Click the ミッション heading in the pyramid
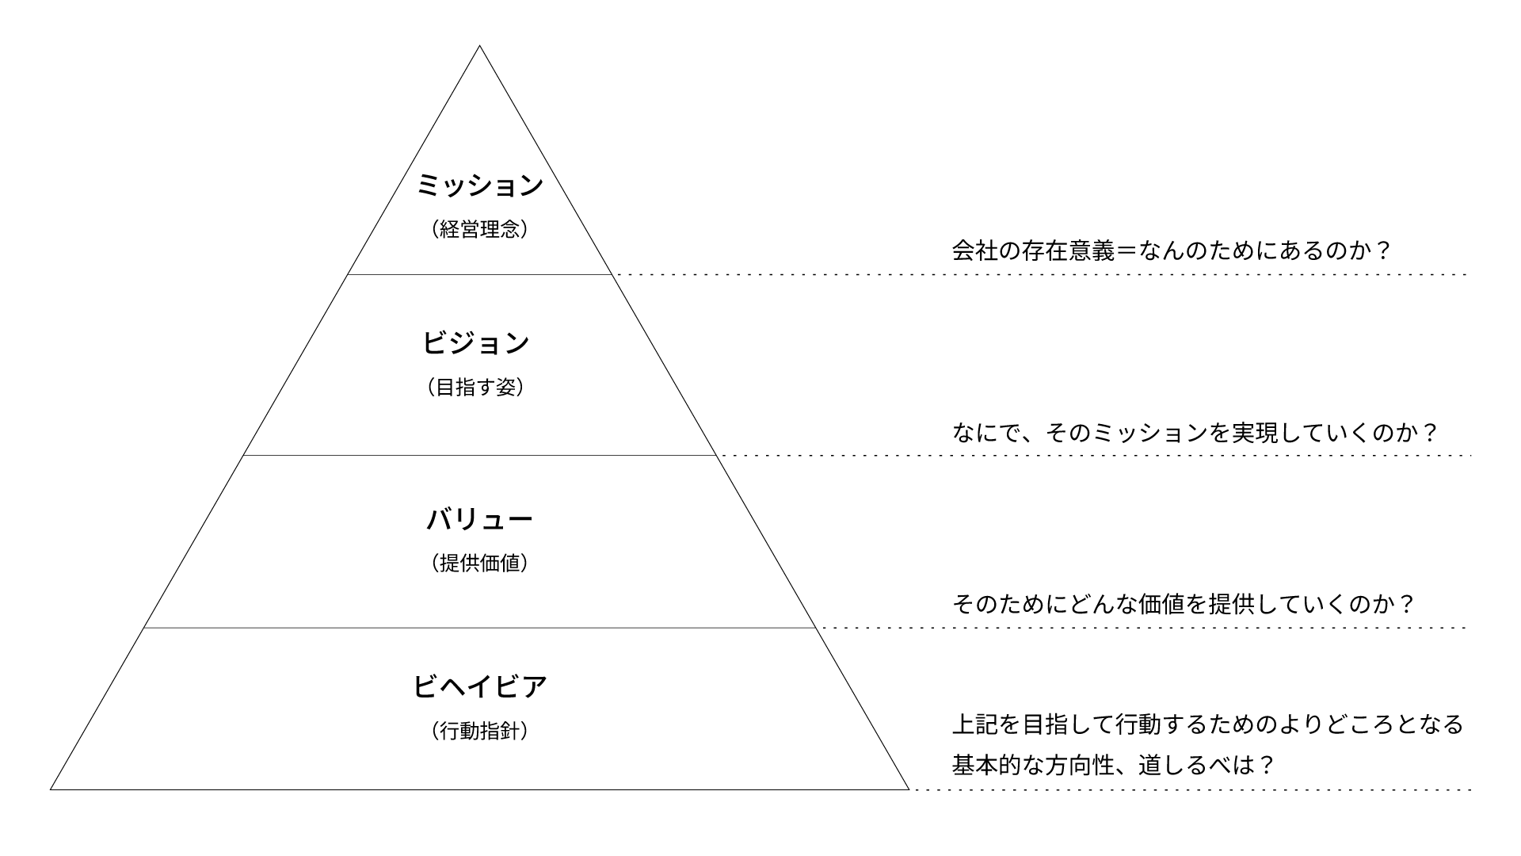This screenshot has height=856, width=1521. pyautogui.click(x=480, y=185)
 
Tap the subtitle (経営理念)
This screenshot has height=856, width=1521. pyautogui.click(x=480, y=230)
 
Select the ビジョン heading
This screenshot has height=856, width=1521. pyautogui.click(x=476, y=343)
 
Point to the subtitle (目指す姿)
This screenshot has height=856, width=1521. pyautogui.click(x=476, y=388)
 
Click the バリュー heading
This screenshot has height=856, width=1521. pyautogui.click(x=480, y=520)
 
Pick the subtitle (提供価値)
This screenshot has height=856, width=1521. pyautogui.click(x=480, y=564)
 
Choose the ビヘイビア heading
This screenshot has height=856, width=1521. pyautogui.click(x=480, y=686)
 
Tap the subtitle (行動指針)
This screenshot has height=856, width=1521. pyautogui.click(x=480, y=731)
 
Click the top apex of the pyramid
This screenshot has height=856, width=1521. pyautogui.click(x=479, y=46)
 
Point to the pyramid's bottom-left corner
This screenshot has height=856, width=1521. pyautogui.click(x=51, y=789)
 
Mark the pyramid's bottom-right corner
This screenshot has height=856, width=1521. pyautogui.click(x=909, y=789)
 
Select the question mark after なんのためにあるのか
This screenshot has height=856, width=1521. pyautogui.click(x=1382, y=251)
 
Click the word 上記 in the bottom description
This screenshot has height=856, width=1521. pyautogui.click(x=974, y=724)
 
